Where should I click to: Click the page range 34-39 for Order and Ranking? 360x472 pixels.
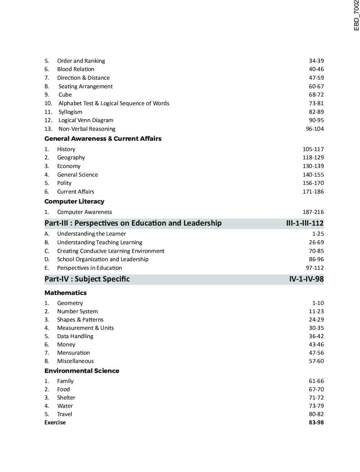[316, 61]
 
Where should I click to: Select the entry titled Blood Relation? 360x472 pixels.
[76, 69]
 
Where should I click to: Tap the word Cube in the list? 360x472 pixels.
[65, 95]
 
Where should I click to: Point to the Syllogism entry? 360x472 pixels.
[70, 112]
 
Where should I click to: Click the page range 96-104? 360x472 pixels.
[314, 129]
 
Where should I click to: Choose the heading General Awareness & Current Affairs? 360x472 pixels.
[103, 139]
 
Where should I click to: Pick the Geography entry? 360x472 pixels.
[71, 158]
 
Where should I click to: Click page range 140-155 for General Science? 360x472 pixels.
[313, 175]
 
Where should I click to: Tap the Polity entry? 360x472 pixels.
[64, 183]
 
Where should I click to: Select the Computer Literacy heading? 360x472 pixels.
[74, 201]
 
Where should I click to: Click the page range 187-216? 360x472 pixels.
[313, 212]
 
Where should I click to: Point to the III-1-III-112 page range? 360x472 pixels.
[305, 223]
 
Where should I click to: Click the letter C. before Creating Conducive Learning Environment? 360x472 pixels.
[47, 251]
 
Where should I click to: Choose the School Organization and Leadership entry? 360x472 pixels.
[103, 259]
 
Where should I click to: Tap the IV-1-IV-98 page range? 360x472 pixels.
[306, 279]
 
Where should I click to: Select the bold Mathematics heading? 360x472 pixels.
[66, 293]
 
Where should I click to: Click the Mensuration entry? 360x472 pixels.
[73, 353]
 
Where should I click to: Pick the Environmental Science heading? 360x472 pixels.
[82, 371]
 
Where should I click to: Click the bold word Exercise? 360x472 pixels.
[55, 423]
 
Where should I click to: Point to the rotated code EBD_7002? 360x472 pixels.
[357, 16]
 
